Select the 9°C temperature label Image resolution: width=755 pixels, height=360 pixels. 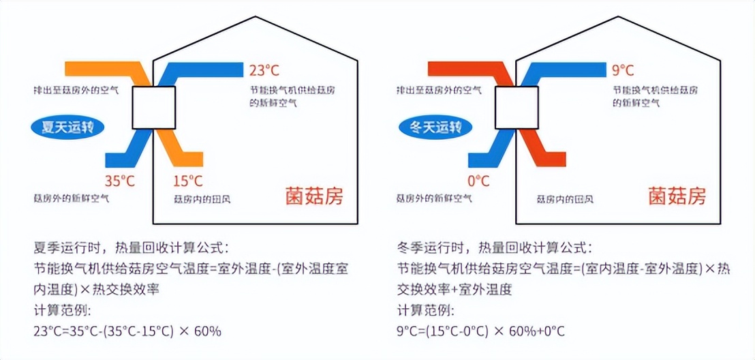(x=623, y=70)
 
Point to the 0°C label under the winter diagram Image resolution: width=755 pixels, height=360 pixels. (x=479, y=181)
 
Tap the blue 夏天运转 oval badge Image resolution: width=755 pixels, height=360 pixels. (x=70, y=127)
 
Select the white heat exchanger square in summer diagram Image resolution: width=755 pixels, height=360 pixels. (x=154, y=108)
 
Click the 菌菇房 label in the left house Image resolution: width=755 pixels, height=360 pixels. (x=314, y=198)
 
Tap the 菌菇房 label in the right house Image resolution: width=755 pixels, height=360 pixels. (x=677, y=198)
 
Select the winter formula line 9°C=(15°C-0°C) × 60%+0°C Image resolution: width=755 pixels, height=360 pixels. (x=481, y=332)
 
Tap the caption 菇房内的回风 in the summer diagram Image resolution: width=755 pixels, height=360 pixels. (x=202, y=199)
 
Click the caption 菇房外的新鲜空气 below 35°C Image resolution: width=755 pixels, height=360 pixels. (x=72, y=199)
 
